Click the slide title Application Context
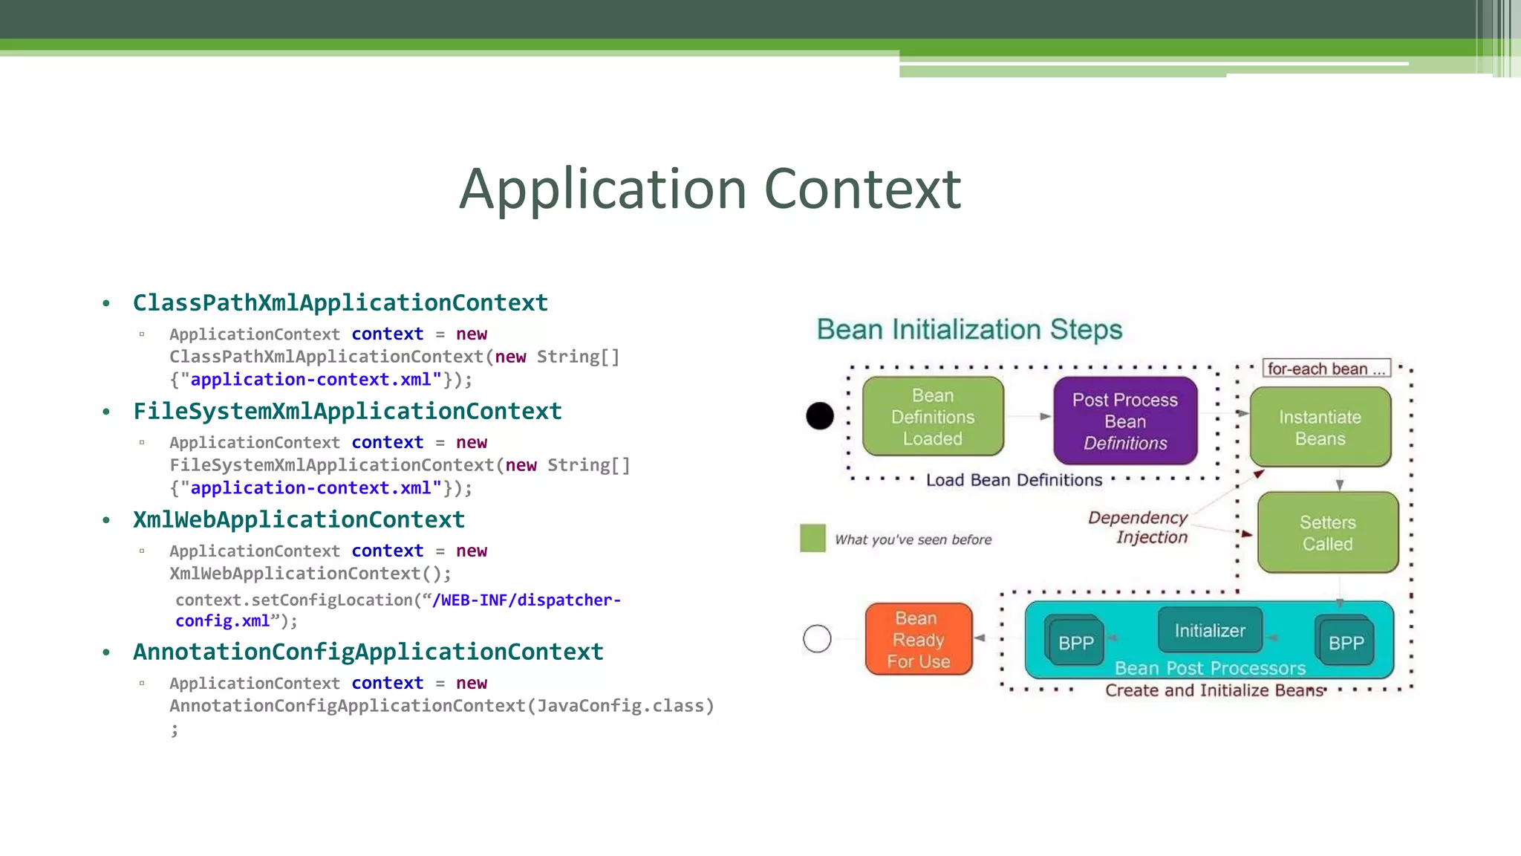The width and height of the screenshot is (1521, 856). coord(710,189)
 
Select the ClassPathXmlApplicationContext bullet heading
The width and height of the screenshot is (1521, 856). coord(340,303)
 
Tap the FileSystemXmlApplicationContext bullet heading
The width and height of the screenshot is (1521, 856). coord(347,412)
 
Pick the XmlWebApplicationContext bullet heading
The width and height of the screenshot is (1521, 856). coord(299,520)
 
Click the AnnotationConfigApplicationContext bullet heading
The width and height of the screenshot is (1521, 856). coord(368,652)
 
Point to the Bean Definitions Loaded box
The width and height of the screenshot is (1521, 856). coord(933,417)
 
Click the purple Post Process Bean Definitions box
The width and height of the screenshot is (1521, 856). coord(1124,421)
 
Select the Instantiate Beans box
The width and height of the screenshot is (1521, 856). coord(1320,428)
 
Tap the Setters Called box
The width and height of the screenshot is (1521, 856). coord(1327,533)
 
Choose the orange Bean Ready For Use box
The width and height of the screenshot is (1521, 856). coord(918,640)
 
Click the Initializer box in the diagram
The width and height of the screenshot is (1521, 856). coord(1209,631)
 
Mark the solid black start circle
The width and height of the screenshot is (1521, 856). coord(820,416)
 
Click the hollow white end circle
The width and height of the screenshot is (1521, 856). coord(817,638)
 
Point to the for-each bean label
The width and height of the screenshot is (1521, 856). coord(1326,369)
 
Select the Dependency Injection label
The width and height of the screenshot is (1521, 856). coord(1139,527)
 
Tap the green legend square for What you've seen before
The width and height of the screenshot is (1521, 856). coord(812,538)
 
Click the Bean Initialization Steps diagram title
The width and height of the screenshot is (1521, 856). coord(969,329)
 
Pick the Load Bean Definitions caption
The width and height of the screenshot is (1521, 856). coord(1014,481)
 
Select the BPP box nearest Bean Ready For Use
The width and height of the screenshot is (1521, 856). coord(1075,643)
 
